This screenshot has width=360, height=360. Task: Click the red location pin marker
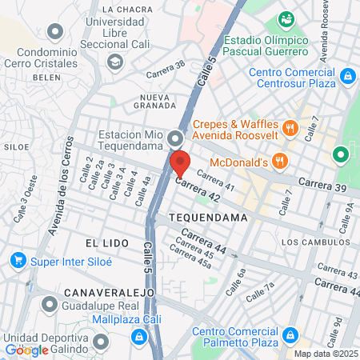point(180,163)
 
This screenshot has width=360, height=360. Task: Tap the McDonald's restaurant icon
point(279,162)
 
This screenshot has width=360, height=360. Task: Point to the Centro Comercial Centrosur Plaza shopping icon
point(347,77)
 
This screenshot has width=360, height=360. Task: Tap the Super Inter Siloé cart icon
point(17,261)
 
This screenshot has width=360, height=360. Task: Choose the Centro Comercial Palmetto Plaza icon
point(293,334)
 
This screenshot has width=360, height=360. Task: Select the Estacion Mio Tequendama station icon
point(175,141)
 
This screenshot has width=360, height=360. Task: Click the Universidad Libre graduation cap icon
point(115,61)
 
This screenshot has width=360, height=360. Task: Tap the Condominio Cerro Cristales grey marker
point(55,32)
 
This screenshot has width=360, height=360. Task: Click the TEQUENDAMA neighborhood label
point(203,218)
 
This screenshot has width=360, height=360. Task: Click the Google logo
point(26,350)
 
